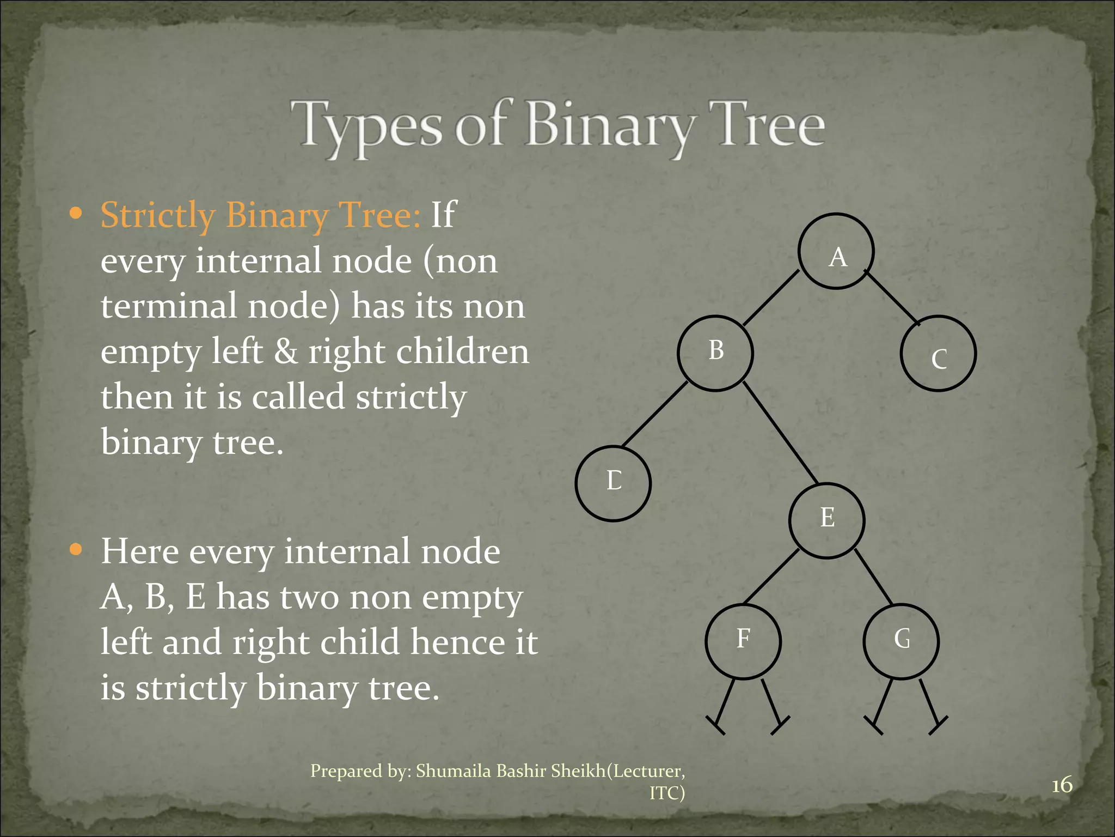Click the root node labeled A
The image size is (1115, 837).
click(x=836, y=251)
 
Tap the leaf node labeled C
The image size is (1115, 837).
click(x=938, y=354)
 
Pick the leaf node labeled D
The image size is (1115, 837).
click(x=613, y=483)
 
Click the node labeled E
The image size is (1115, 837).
click(x=826, y=520)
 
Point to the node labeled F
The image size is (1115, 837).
click(x=743, y=641)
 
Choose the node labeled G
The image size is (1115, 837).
click(x=901, y=641)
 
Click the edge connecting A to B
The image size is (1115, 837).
click(x=771, y=298)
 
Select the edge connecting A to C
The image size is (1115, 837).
click(x=892, y=298)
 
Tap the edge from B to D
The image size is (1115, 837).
click(x=654, y=415)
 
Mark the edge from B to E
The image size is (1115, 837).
click(x=780, y=433)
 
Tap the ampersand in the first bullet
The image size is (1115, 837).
click(x=286, y=351)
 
